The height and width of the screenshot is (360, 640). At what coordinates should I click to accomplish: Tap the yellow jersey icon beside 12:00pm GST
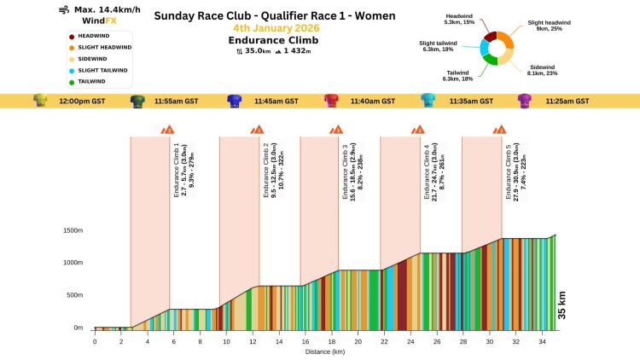[40, 101]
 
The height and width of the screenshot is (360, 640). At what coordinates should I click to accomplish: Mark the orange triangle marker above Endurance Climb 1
[169, 130]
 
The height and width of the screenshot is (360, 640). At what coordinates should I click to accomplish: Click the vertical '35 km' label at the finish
[561, 305]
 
